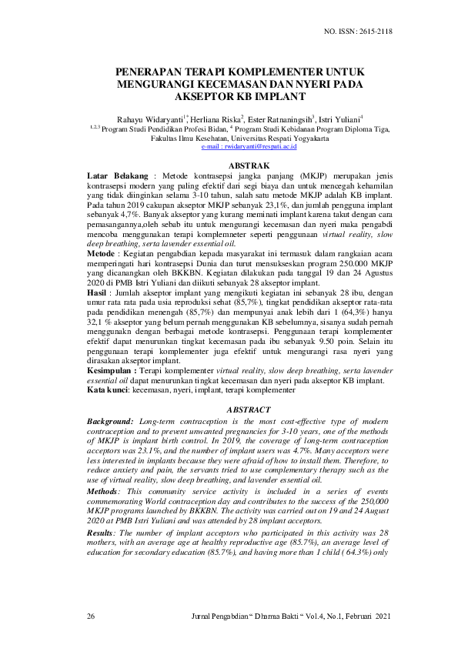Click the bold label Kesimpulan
[113, 371]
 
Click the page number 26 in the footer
[92, 617]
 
